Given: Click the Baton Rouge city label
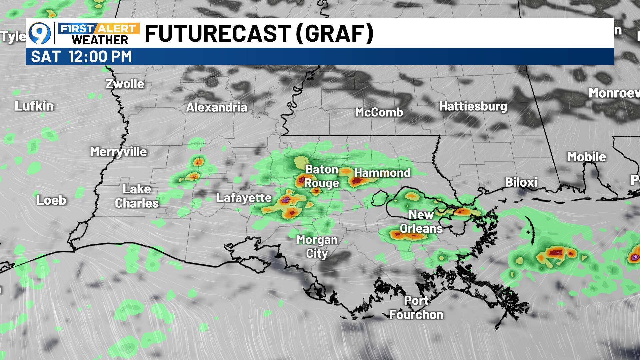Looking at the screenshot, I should point(321,176).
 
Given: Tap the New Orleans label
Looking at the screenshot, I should point(421,222).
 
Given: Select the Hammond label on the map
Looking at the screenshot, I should point(382,173).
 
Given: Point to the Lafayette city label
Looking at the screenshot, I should point(244,198).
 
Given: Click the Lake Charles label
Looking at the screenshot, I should point(137,196).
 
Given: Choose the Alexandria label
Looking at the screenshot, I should point(217,107).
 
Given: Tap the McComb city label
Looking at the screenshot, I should point(379,112).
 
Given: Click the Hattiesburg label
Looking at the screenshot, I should point(473,106).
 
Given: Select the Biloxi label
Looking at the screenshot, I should point(521,182).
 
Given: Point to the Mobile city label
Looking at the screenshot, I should point(587,157).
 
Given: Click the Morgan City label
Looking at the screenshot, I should point(317,247).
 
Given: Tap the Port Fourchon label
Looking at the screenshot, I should point(416,308).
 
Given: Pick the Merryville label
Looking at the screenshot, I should point(118,152).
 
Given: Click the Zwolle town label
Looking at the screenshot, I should point(125,84).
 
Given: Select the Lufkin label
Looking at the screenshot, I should point(34,106).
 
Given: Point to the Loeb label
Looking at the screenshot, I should point(51,200).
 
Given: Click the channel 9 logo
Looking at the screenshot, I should point(40,33).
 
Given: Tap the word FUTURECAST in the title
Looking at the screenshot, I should point(217,33).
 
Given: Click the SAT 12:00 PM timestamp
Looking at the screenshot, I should point(81,56).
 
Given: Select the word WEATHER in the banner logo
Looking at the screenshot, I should point(100,40).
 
